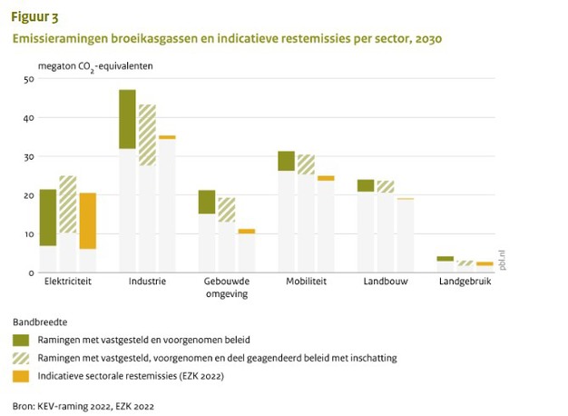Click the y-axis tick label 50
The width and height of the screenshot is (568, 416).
point(28,79)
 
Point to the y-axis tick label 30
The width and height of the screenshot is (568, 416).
point(28,156)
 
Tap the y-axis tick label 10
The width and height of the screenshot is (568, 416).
point(28,233)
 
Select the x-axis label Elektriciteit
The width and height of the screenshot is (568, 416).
point(67,282)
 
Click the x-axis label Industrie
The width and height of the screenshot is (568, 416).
point(147,282)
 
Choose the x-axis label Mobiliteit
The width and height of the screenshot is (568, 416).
point(307,282)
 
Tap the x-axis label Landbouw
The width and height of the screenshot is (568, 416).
point(387,282)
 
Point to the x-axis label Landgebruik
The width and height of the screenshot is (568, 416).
point(465,282)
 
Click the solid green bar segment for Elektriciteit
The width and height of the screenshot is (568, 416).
point(48,217)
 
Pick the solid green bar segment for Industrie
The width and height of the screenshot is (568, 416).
point(127,119)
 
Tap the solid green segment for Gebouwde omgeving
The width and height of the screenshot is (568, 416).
point(207,202)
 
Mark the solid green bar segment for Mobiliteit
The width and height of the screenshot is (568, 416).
point(287,161)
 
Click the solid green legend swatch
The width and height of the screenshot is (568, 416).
point(21,340)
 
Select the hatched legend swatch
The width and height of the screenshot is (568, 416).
point(21,358)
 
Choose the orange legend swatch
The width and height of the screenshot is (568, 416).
point(21,375)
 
